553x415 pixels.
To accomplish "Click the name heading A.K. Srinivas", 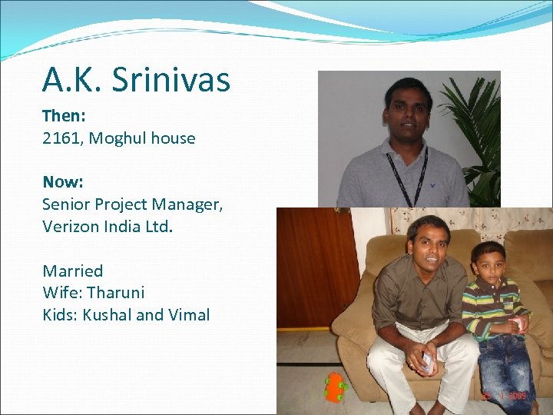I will click(136, 80).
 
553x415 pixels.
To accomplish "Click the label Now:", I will click(62, 182).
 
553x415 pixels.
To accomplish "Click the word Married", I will click(72, 271).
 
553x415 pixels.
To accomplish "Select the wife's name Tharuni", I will click(116, 293).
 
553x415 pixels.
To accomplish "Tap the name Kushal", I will click(107, 314).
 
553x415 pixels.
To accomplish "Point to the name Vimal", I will click(188, 314).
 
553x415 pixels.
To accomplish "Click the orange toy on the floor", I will click(334, 387).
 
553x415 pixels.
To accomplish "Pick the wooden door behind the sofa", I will click(315, 261).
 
